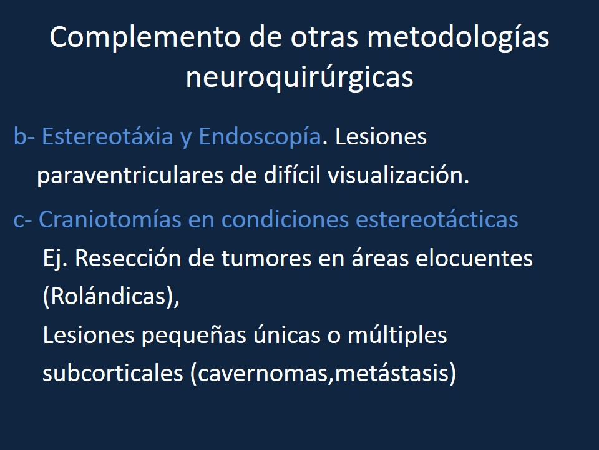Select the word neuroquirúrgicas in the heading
coord(299,78)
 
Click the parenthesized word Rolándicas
coord(110,297)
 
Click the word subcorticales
coord(110,374)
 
